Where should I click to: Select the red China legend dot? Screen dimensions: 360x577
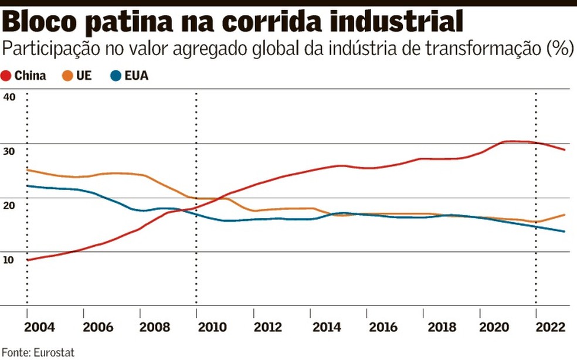(x=6, y=76)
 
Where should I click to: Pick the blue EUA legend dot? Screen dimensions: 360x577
(x=115, y=76)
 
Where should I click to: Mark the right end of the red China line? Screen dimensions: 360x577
(x=564, y=150)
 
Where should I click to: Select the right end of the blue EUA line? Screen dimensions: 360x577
(x=564, y=232)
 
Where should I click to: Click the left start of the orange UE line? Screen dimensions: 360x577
(x=28, y=170)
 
